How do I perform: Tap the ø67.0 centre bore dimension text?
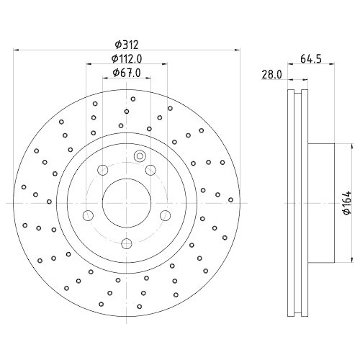(126, 73)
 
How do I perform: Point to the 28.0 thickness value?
(271, 73)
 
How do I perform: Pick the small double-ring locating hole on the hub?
(140, 158)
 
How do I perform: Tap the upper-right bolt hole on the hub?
(150, 170)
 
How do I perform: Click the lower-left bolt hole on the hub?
(88, 215)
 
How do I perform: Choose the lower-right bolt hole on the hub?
(164, 215)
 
